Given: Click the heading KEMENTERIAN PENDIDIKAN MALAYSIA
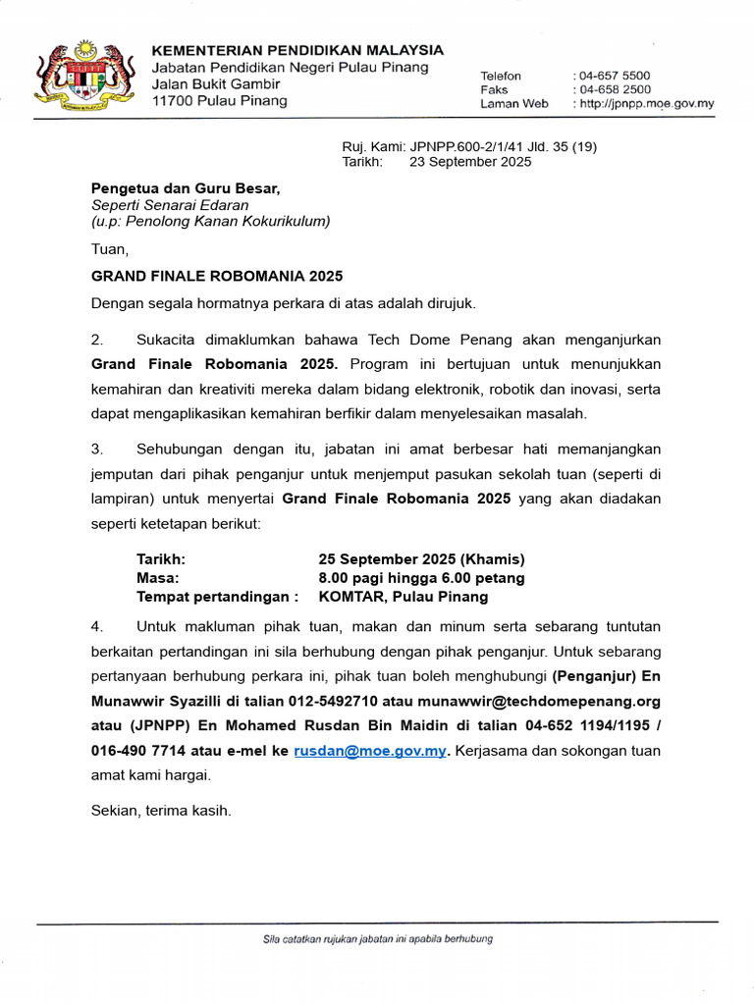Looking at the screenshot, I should (296, 50).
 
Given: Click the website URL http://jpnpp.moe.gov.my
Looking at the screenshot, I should (646, 103).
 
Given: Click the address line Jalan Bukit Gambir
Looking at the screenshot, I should (215, 84).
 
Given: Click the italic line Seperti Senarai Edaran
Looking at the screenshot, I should (170, 204).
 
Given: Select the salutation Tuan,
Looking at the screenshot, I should (109, 249).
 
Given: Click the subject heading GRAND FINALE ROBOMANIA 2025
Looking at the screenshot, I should (217, 277).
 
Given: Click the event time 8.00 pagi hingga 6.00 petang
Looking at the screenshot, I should (421, 577).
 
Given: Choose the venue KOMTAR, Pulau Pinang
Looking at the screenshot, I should (403, 596).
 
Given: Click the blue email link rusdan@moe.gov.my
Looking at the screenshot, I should (370, 751).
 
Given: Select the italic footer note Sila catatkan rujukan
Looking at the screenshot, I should (377, 938).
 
